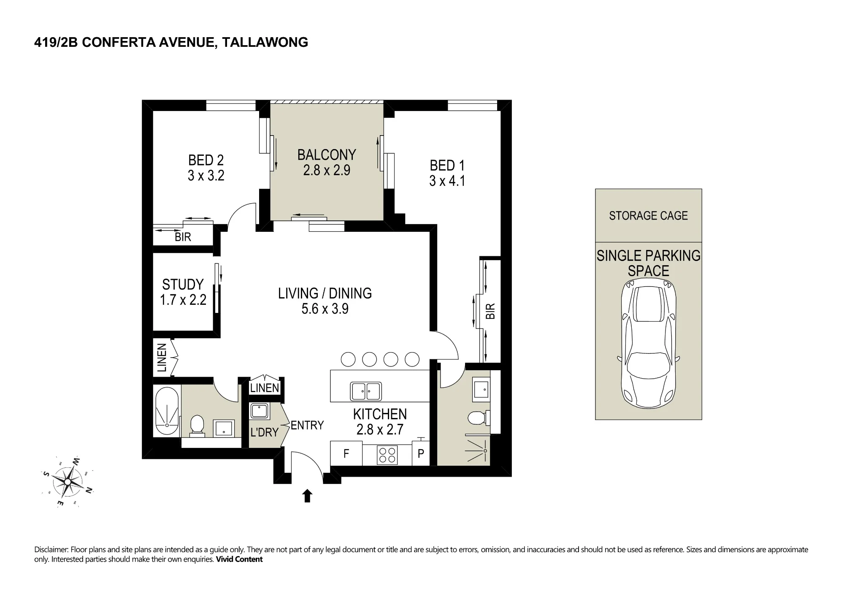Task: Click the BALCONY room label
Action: [327, 155]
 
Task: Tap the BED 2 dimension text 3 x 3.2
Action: [206, 175]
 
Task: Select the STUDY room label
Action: [183, 284]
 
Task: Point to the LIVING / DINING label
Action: [325, 293]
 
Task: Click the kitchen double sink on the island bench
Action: [366, 391]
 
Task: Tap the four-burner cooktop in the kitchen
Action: [387, 455]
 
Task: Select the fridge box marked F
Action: [346, 453]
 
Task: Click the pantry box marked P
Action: [421, 453]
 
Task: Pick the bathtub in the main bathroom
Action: [168, 412]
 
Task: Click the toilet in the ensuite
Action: [478, 418]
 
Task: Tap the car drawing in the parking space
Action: [649, 343]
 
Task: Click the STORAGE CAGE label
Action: [648, 216]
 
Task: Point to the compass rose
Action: [68, 482]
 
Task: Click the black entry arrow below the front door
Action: [307, 496]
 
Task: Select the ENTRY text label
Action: [307, 425]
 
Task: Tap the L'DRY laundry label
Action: [265, 432]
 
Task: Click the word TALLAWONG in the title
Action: [265, 42]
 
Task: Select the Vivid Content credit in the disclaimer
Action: [239, 559]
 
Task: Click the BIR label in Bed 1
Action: [490, 311]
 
